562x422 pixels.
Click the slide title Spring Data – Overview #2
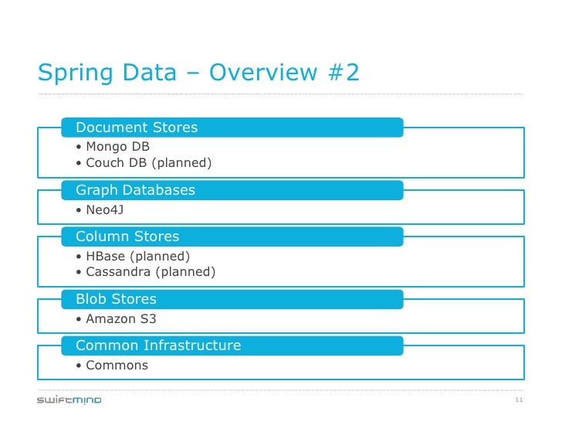[198, 73]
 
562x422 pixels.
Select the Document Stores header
[137, 128]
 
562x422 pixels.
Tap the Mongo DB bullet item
[117, 147]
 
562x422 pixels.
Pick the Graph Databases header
[135, 190]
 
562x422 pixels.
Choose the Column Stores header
[127, 237]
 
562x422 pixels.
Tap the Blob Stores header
[116, 299]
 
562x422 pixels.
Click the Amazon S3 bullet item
[121, 318]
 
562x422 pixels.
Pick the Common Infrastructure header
[158, 345]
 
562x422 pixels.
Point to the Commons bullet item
[117, 365]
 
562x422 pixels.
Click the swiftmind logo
[69, 400]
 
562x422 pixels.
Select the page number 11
[518, 400]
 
